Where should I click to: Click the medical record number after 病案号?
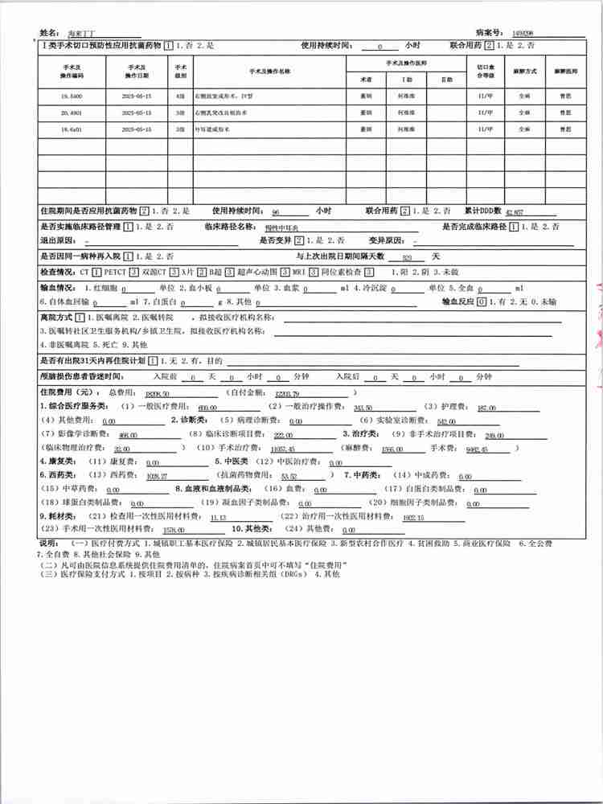(525, 33)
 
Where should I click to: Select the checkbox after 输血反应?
(482, 302)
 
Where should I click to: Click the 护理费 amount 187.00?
(486, 408)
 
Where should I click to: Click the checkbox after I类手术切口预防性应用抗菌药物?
(169, 46)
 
